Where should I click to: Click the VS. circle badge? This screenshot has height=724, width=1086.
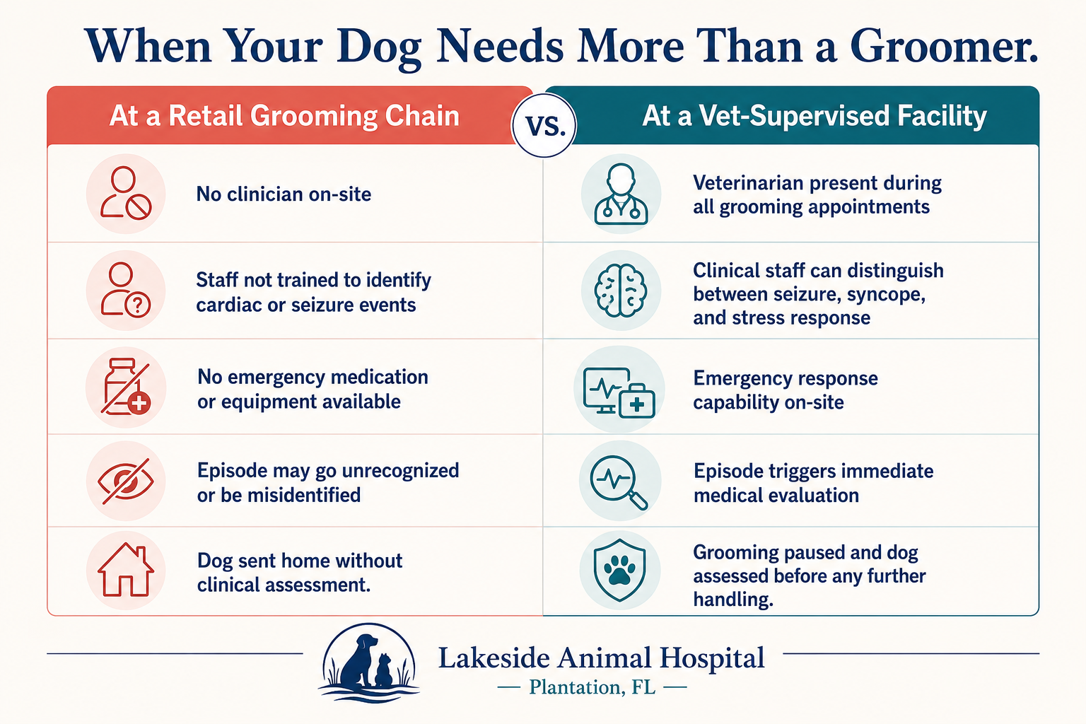[x=544, y=125]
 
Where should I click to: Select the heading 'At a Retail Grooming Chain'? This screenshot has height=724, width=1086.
[x=285, y=116]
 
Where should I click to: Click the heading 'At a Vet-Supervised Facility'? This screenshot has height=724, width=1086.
[x=814, y=116]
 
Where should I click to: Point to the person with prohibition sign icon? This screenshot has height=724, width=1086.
[x=126, y=193]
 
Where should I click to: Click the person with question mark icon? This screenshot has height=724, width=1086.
[x=126, y=289]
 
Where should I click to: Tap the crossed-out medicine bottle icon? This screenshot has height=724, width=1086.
[x=126, y=387]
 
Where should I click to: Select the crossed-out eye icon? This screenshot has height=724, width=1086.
[x=126, y=481]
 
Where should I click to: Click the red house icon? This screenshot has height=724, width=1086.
[x=126, y=569]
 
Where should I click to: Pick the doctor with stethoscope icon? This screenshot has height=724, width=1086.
[x=621, y=194]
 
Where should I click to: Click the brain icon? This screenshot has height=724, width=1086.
[x=621, y=291]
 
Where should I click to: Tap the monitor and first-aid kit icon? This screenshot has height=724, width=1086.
[x=619, y=392]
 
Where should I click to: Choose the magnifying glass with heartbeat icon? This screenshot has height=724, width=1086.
[x=619, y=482]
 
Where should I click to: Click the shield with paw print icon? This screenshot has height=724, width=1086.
[x=620, y=570]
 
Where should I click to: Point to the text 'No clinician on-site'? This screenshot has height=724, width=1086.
[x=284, y=194]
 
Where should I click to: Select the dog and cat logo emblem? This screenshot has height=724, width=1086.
[x=370, y=662]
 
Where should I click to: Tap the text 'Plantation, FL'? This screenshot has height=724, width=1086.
[x=592, y=687]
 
